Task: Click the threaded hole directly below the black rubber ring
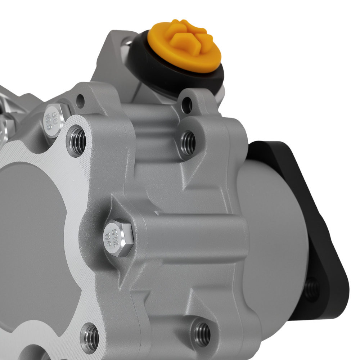[188, 143]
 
